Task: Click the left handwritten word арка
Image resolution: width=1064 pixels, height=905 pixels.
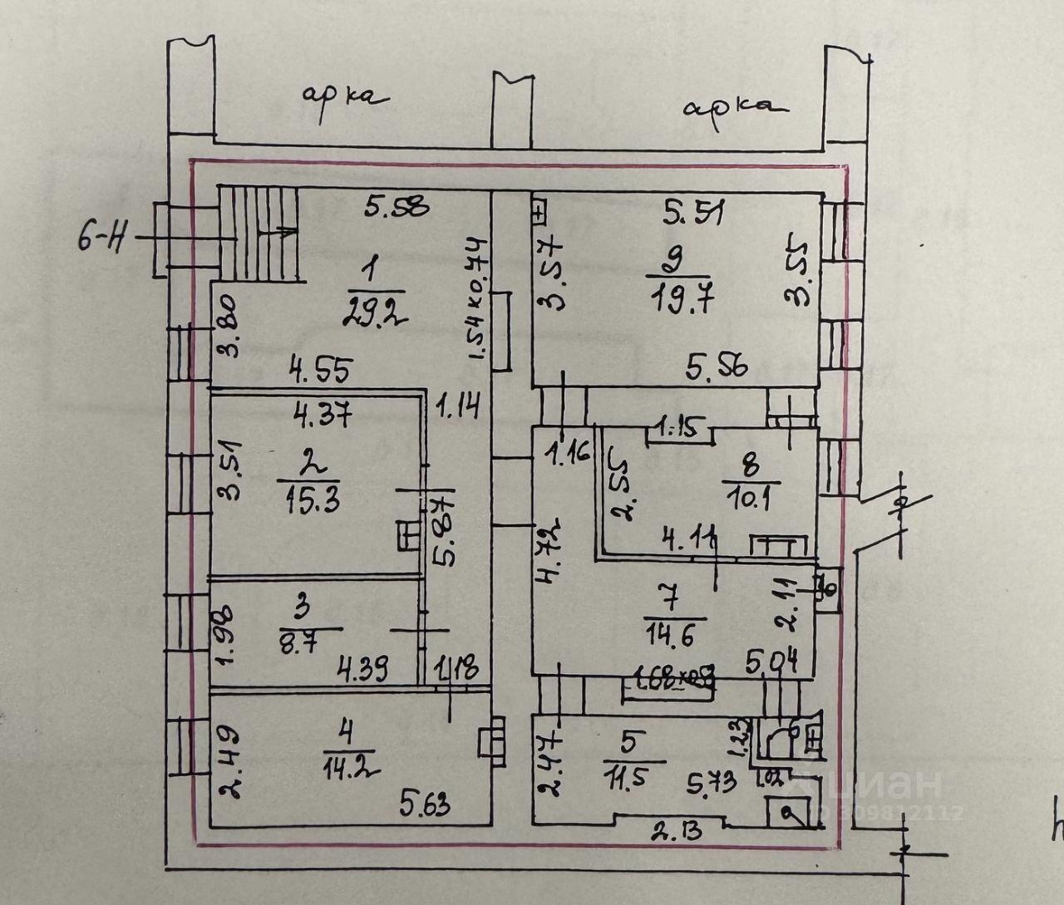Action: (x=343, y=98)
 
